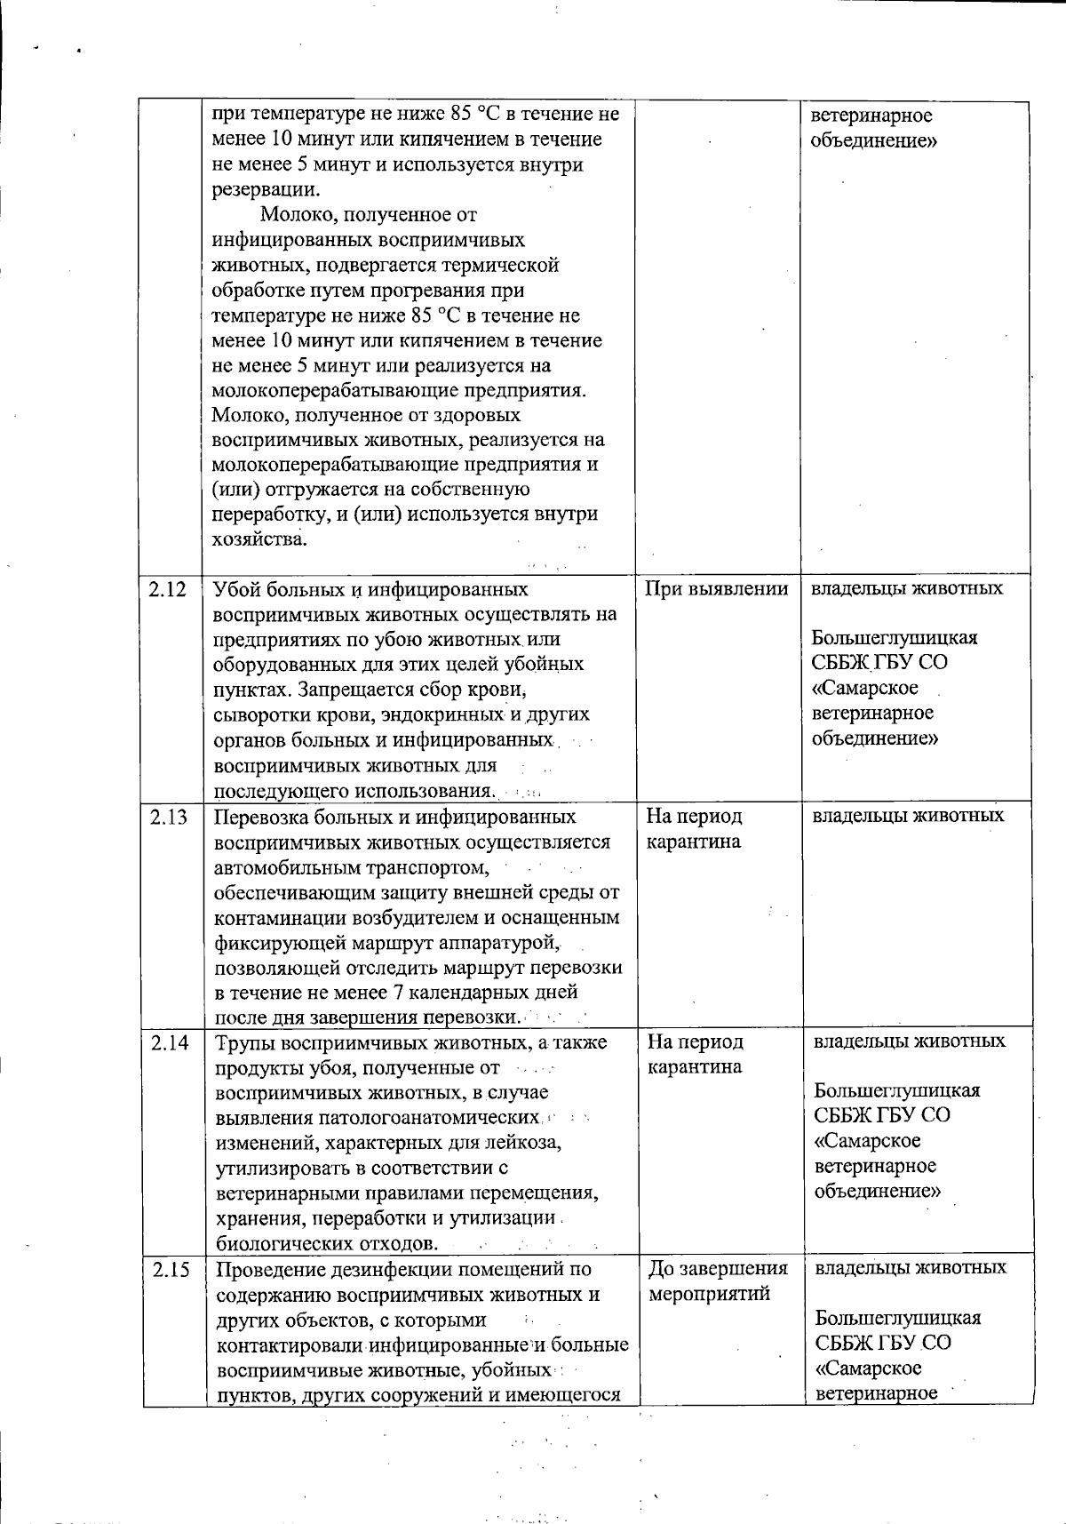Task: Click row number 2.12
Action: click(169, 589)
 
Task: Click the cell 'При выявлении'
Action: click(716, 589)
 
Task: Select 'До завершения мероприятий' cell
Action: click(718, 1281)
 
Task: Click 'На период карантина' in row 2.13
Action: click(694, 828)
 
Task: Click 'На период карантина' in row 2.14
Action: click(695, 1054)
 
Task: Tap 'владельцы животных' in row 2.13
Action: click(908, 816)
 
